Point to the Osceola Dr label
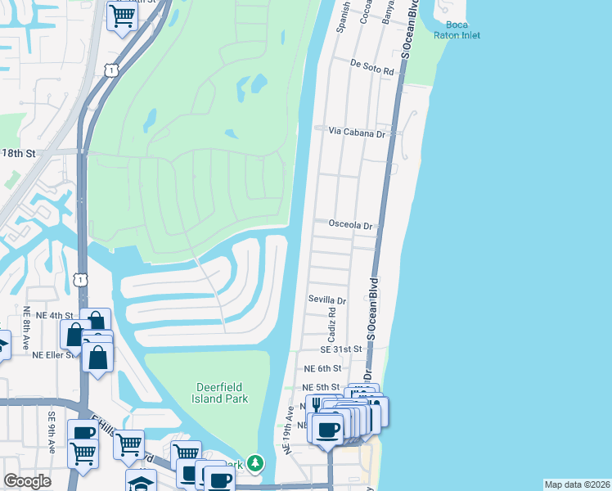(350, 225)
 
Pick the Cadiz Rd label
(332, 326)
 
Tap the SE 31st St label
(340, 349)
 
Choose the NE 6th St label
(322, 369)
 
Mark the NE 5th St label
(320, 387)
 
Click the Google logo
(27, 481)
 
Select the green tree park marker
(255, 464)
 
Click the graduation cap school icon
(140, 482)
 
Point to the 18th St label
(20, 153)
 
